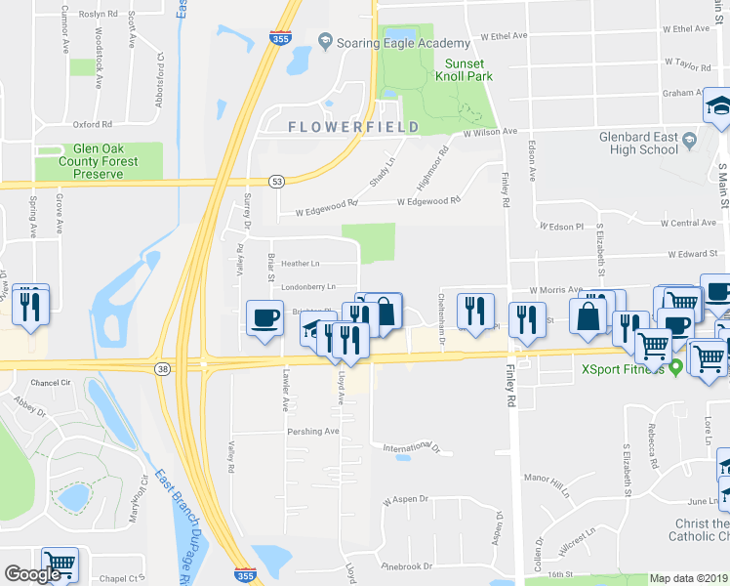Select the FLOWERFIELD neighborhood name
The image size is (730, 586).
[353, 127]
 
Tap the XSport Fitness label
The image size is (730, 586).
[623, 369]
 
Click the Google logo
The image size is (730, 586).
[32, 574]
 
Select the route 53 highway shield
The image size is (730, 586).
[277, 182]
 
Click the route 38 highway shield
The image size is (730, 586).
[162, 368]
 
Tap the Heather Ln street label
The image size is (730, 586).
[300, 264]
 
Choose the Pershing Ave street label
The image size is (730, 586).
[312, 431]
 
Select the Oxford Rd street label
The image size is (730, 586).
[93, 125]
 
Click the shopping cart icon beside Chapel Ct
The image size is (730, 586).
[60, 564]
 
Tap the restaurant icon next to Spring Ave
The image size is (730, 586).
[30, 306]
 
